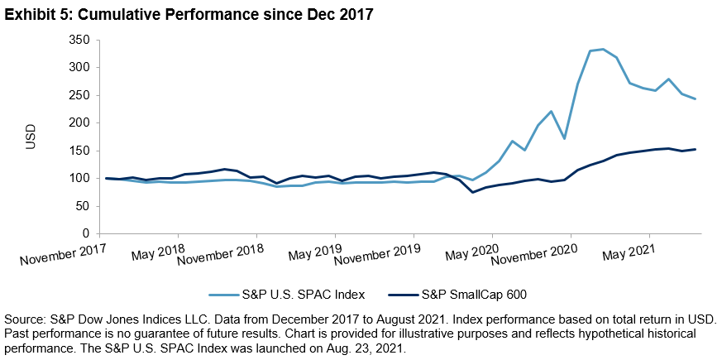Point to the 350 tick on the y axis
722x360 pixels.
point(78,39)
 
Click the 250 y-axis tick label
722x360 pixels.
point(78,95)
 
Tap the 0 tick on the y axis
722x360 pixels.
point(85,234)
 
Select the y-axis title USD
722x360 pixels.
point(31,136)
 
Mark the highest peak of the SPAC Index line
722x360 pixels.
point(603,49)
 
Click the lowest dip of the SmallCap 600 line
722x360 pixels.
point(473,192)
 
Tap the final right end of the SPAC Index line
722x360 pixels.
point(695,99)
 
